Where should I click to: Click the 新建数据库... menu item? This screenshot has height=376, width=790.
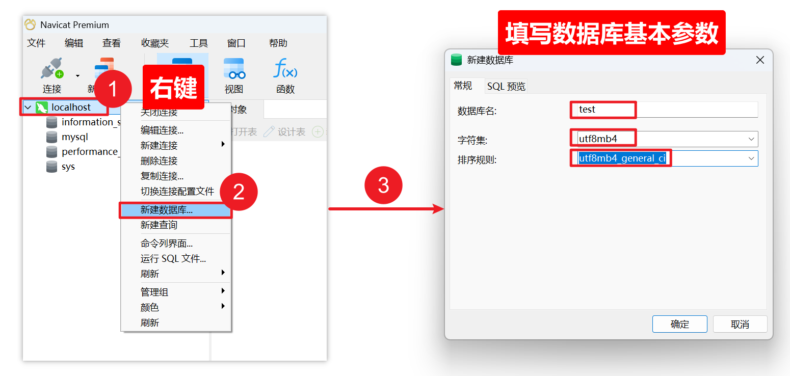tap(167, 210)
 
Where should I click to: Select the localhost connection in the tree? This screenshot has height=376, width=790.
tap(71, 108)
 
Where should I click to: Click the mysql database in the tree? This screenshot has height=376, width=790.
tap(75, 137)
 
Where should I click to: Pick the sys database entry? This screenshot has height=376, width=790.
tap(68, 167)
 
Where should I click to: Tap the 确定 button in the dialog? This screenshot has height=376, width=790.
tap(679, 324)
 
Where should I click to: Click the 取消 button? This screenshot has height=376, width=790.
tap(740, 324)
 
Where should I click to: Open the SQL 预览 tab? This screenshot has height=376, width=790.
tap(506, 87)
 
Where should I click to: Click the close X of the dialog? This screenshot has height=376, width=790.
tap(760, 60)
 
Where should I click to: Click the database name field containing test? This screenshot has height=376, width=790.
tap(663, 110)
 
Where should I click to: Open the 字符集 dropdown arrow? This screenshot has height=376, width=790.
tap(751, 139)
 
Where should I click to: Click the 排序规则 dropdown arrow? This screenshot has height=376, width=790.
tap(751, 158)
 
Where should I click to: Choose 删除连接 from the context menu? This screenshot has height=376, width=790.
tap(159, 161)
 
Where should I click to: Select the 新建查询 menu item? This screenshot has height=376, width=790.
tap(159, 225)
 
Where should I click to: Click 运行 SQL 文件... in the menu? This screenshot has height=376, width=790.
tap(173, 259)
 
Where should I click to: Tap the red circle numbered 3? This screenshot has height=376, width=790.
tap(383, 185)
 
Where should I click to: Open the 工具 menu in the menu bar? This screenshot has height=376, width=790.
tap(199, 43)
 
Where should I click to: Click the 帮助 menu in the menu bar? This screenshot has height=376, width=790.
tap(278, 43)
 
